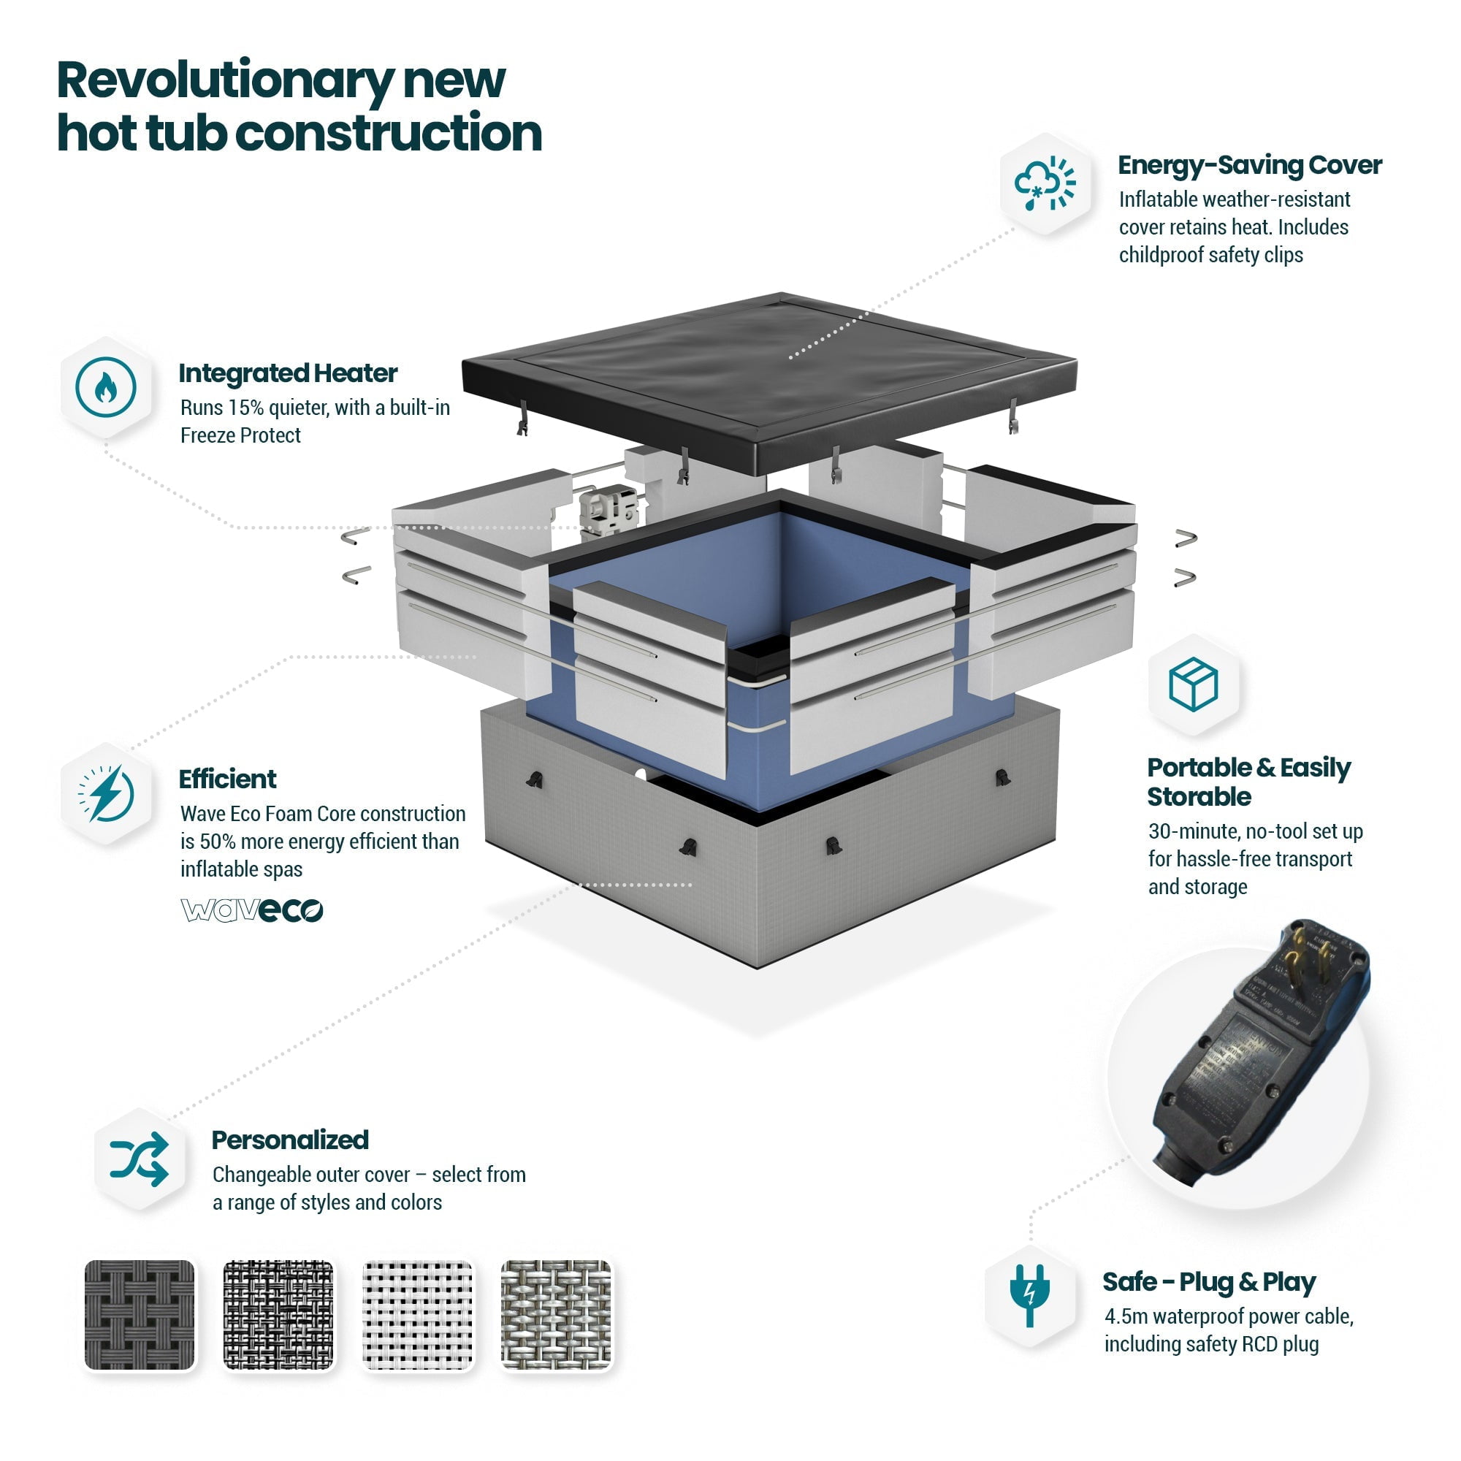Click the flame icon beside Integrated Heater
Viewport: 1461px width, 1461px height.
[106, 387]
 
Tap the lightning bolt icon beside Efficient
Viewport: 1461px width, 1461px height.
[106, 793]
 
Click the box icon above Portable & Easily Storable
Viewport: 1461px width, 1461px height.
[1193, 684]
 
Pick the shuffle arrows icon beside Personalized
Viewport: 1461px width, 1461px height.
[139, 1159]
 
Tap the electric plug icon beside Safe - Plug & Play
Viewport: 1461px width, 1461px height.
[1029, 1294]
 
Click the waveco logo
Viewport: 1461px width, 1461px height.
[252, 909]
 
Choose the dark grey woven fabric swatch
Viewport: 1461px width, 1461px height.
[139, 1315]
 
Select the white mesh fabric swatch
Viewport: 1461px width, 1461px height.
[417, 1315]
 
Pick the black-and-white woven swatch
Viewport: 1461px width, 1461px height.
[278, 1315]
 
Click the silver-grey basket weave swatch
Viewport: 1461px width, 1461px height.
[556, 1315]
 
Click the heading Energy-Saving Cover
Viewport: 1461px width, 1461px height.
[1249, 165]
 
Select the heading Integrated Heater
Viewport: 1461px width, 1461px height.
[288, 373]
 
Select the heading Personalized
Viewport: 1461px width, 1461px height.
[291, 1140]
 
